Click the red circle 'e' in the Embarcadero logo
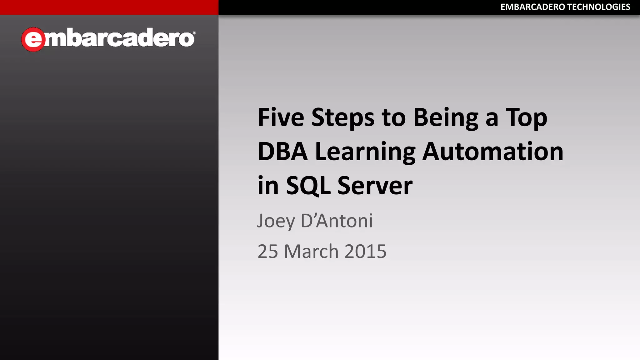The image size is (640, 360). tap(33, 39)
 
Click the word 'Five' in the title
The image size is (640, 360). tap(281, 117)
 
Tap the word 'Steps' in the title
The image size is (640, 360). tap(343, 118)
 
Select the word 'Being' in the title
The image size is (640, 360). tap(446, 118)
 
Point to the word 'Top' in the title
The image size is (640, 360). tap(526, 118)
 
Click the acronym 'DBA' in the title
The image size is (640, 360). tap(282, 152)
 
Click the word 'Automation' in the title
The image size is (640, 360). tap(493, 152)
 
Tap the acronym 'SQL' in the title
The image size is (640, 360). tap(308, 186)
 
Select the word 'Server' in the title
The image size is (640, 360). tap(375, 186)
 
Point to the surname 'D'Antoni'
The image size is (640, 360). tap(337, 221)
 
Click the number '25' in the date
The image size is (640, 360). tap(267, 251)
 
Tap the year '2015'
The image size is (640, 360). tap(365, 251)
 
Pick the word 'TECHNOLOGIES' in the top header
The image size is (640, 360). tap(598, 7)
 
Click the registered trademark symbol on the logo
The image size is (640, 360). tap(194, 33)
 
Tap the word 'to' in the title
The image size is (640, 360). tap(393, 118)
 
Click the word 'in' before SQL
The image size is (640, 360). tap(268, 186)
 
